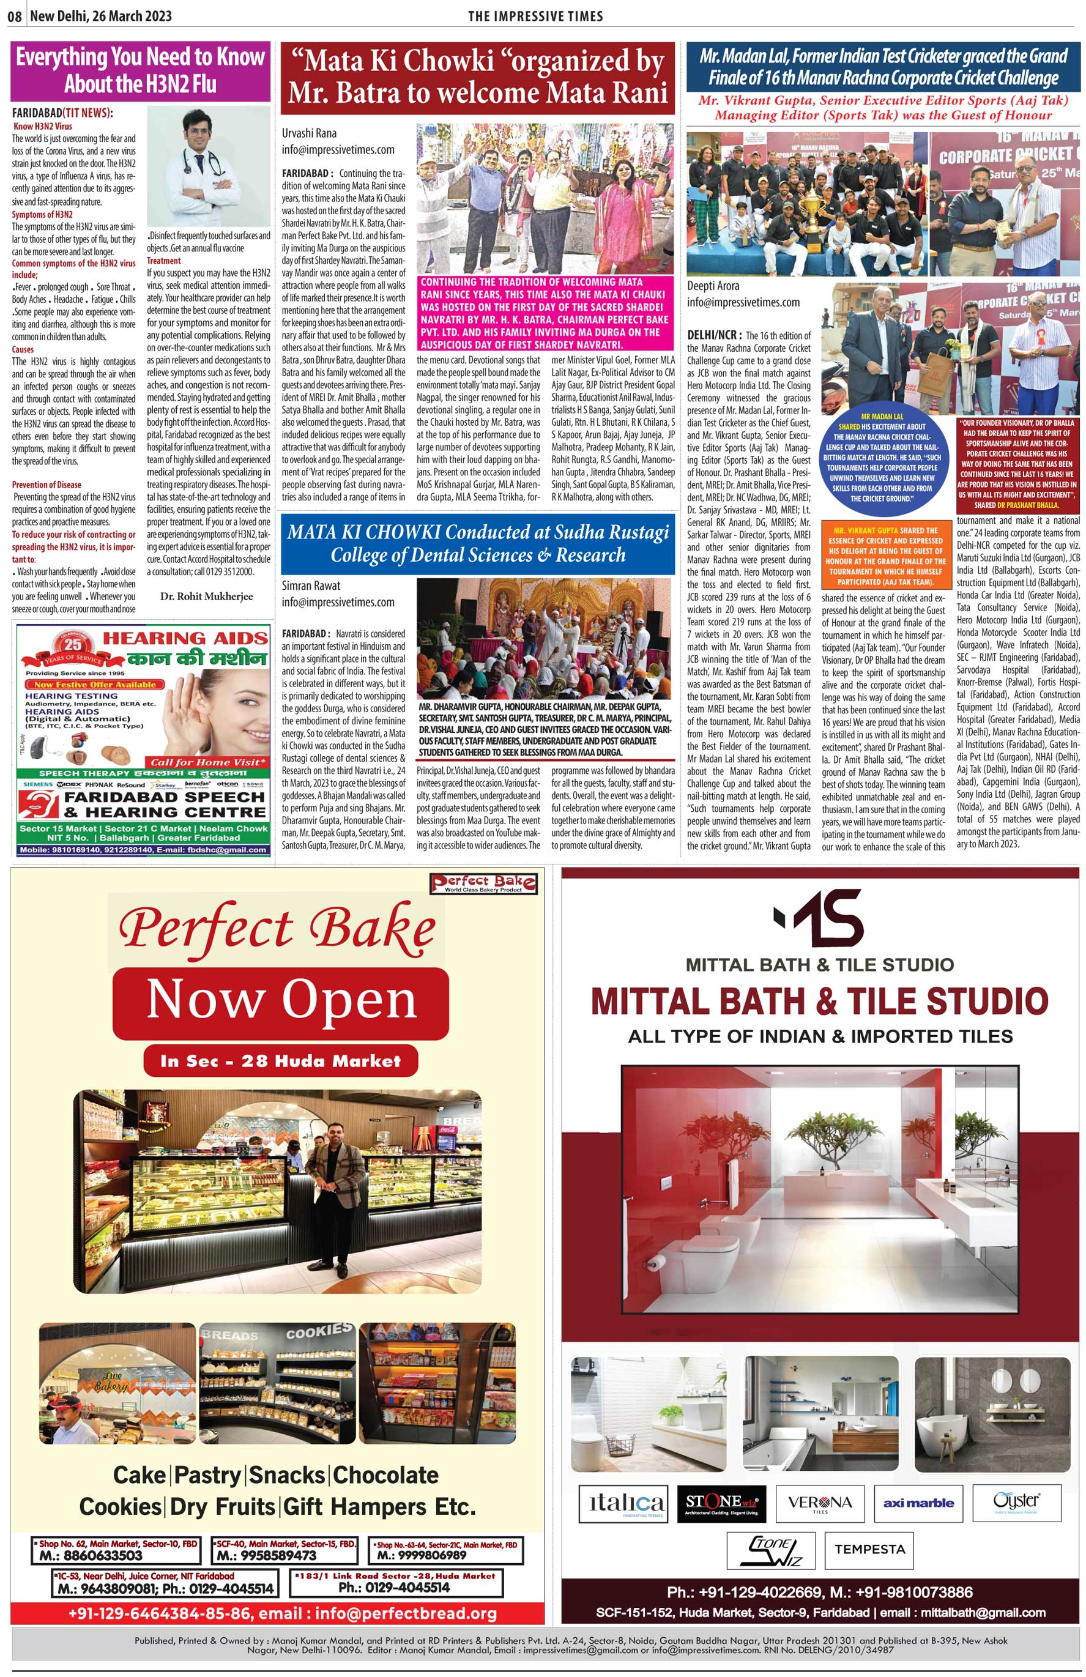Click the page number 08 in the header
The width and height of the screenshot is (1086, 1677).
tap(14, 16)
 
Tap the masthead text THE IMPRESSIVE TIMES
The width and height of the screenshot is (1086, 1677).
tap(535, 16)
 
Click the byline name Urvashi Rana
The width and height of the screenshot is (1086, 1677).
tap(309, 133)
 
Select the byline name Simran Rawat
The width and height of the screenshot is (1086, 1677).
tap(311, 586)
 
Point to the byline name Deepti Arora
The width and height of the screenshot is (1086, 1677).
tap(713, 285)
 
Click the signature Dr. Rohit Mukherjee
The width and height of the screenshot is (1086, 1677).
tap(206, 596)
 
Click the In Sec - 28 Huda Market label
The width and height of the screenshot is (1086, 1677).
tap(280, 1060)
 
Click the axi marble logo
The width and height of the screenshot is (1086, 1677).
tap(918, 1504)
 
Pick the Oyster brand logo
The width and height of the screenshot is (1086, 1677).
tap(1016, 1502)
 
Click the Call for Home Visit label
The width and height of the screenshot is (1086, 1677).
tap(209, 762)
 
